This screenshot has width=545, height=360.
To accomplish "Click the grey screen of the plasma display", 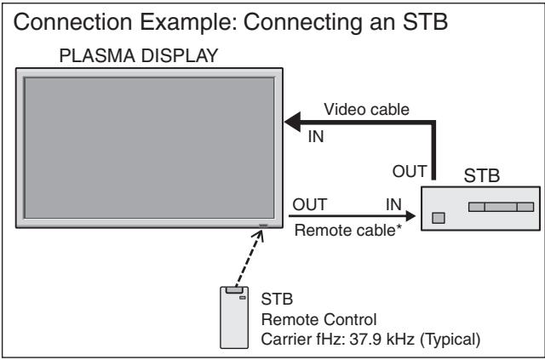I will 150,148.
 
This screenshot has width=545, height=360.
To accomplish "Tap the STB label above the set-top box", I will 483,180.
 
